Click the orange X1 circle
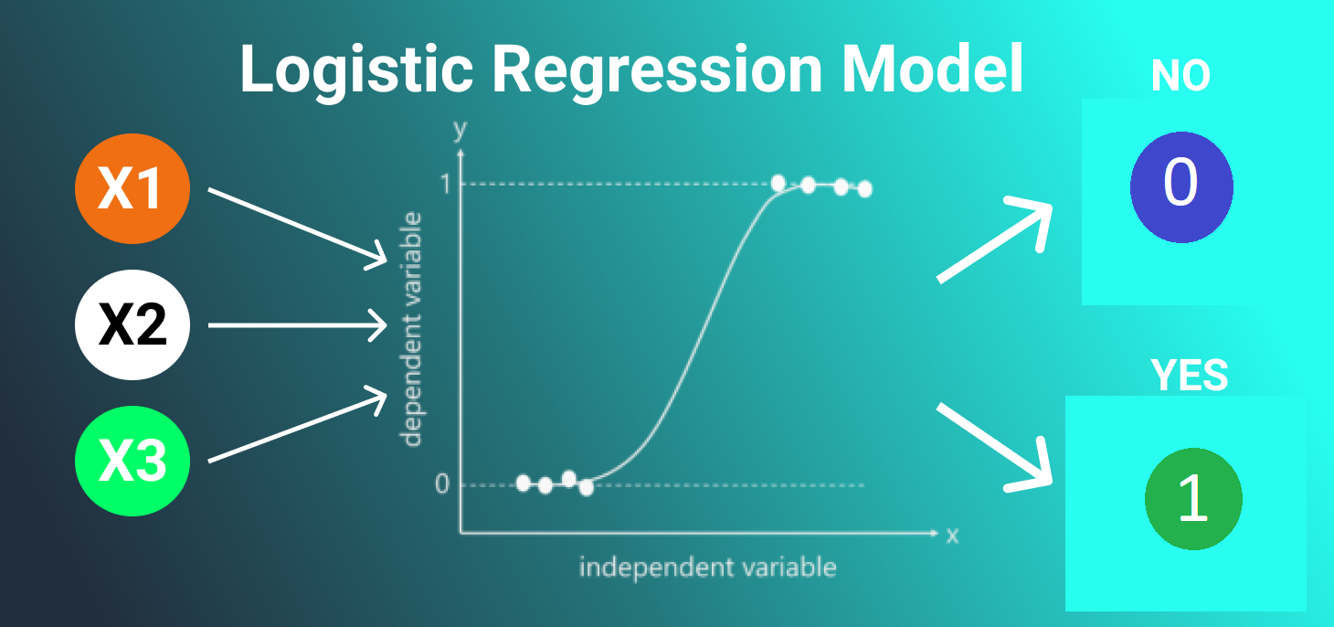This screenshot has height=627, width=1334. [132, 188]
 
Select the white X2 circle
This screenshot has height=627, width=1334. [132, 324]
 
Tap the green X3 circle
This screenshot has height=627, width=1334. [132, 461]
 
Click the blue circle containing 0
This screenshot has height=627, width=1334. [1181, 187]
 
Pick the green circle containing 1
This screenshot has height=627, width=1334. [1193, 499]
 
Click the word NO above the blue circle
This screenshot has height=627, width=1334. [1180, 76]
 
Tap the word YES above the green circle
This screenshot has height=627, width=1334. [1190, 376]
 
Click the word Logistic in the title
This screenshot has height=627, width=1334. [356, 70]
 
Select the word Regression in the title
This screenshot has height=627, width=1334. [658, 70]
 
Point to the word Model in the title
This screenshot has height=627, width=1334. [933, 68]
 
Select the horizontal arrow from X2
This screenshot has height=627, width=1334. [298, 325]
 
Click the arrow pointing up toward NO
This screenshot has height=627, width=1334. [994, 239]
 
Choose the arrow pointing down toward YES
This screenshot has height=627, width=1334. [994, 448]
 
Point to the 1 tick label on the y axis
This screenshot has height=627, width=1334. [445, 184]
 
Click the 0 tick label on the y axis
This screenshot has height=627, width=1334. [442, 484]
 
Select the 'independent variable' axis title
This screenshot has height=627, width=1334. [707, 568]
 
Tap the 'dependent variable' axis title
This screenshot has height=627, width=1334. [411, 329]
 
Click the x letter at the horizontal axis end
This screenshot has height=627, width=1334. [952, 536]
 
